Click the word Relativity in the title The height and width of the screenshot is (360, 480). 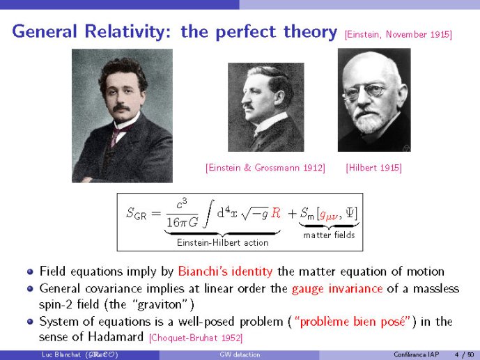[x=125, y=32]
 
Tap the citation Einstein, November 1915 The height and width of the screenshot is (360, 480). [x=398, y=34]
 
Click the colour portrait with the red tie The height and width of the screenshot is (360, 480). [x=122, y=116]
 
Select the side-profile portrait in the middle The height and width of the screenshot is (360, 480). [x=266, y=107]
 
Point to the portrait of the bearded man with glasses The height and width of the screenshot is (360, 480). [x=374, y=100]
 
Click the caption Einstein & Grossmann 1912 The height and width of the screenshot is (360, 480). [x=265, y=168]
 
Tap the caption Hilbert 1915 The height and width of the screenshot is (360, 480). [x=374, y=168]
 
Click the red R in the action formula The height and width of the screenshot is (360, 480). [x=276, y=213]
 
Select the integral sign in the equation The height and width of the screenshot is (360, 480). [x=209, y=214]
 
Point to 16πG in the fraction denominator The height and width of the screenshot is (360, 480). [x=182, y=222]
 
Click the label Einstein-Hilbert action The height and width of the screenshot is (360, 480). [x=222, y=242]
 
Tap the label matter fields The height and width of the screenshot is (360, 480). [x=329, y=235]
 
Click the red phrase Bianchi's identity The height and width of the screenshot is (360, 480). [x=225, y=272]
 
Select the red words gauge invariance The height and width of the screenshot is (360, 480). [x=337, y=289]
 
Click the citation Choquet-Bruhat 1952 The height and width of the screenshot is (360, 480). [x=196, y=338]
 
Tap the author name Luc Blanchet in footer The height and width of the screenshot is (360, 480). [x=61, y=354]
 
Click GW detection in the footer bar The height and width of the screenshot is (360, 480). [x=240, y=354]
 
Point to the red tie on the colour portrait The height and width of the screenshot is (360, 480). [x=116, y=135]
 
